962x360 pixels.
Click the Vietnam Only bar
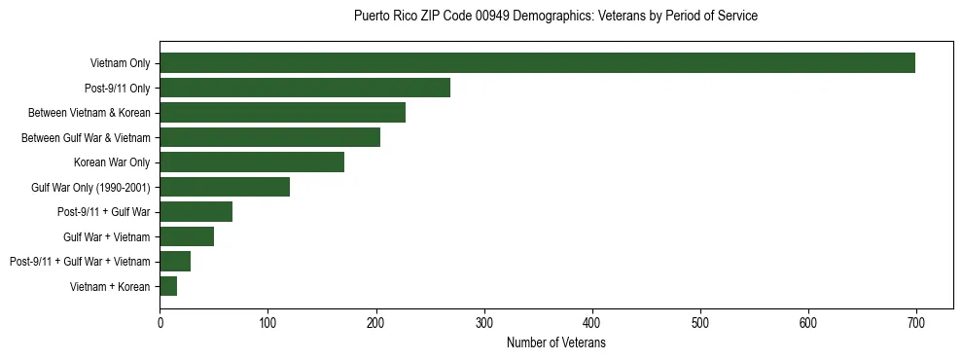pos(537,63)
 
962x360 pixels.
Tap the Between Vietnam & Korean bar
pos(283,113)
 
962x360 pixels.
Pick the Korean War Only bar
pos(252,162)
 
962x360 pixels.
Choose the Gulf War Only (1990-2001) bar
pos(225,187)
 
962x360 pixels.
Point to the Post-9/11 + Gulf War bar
pos(196,212)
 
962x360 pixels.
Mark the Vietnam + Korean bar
pos(168,286)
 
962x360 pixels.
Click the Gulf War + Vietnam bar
pos(187,236)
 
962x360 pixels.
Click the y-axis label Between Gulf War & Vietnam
pos(86,138)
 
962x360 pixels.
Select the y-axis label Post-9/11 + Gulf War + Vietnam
pos(80,262)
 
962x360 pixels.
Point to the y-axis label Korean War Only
pos(112,162)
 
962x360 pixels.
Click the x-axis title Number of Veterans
pos(556,343)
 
